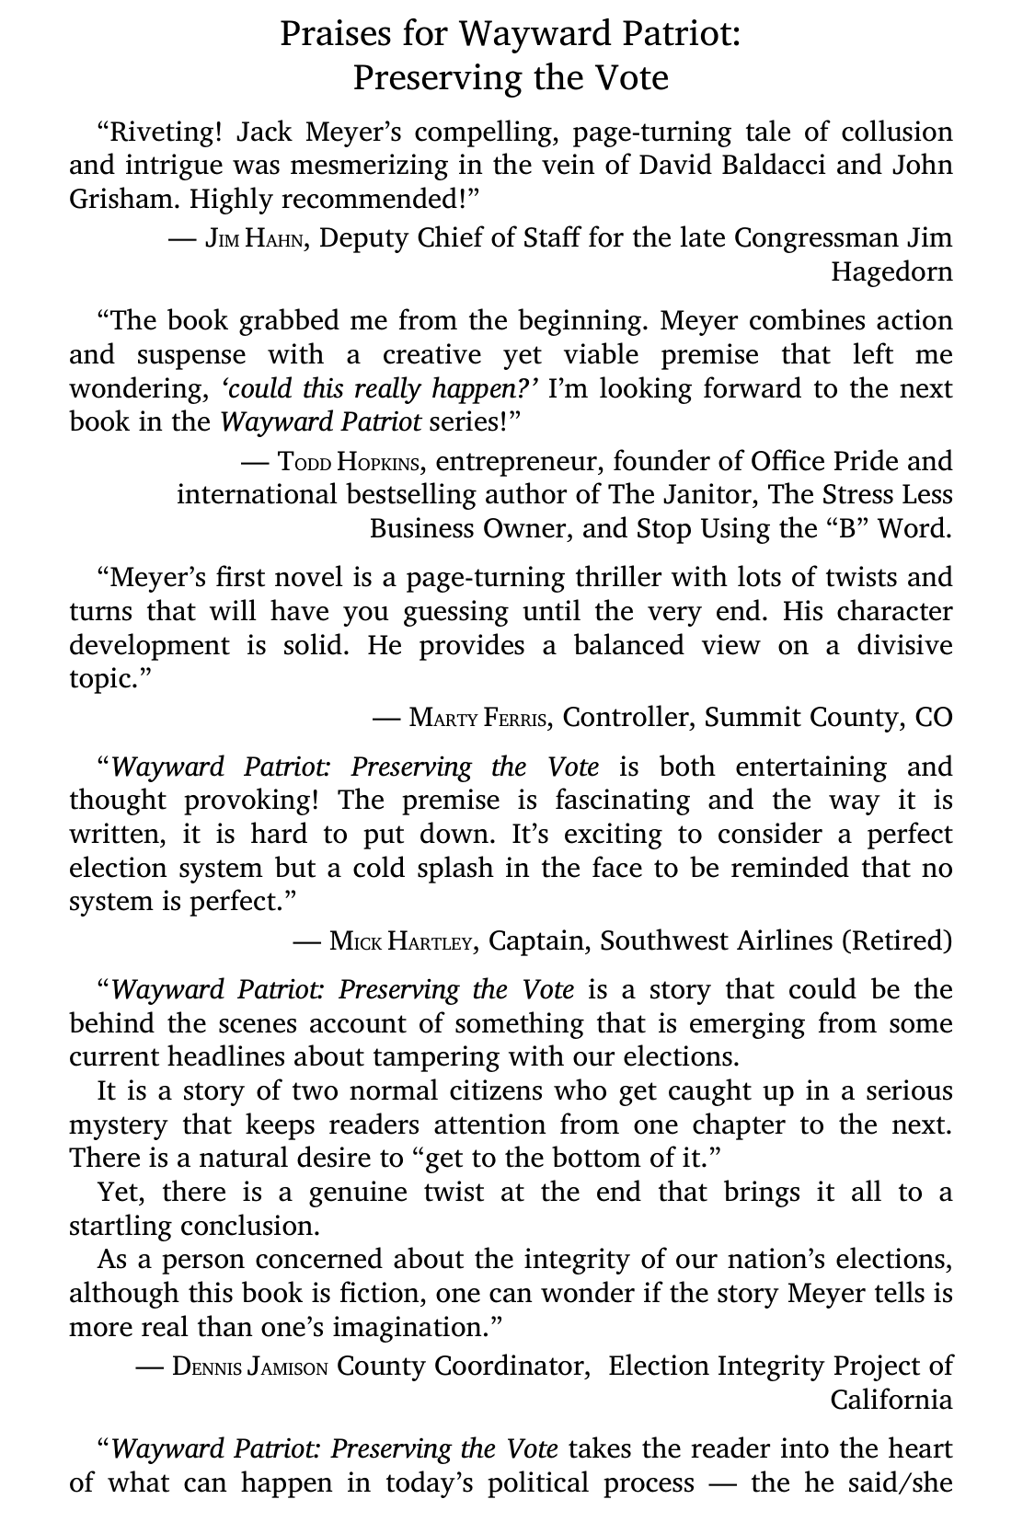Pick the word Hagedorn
point(891,272)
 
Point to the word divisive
point(904,645)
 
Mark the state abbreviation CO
point(933,717)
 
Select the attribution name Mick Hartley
point(402,941)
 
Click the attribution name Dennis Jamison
point(249,1367)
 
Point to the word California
point(891,1400)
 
